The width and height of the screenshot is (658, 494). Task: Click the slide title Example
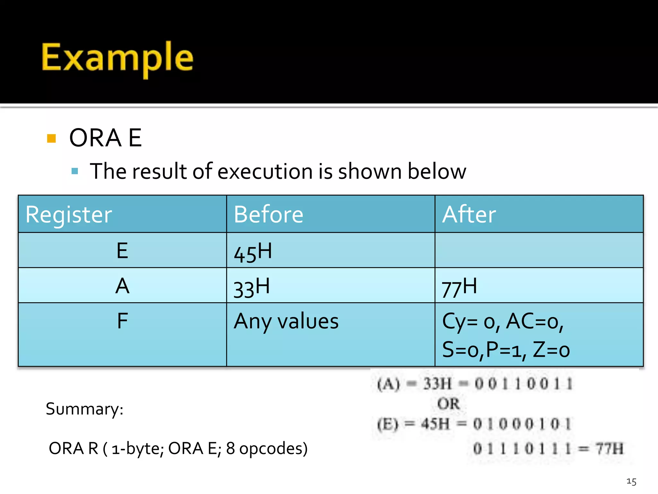(x=117, y=58)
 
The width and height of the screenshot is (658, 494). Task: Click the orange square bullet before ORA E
(x=51, y=138)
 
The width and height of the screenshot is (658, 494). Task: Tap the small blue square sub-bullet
(x=75, y=171)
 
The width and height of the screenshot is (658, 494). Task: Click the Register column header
(x=69, y=215)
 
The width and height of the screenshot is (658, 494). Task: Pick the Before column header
(x=268, y=215)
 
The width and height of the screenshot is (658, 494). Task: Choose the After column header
(x=469, y=215)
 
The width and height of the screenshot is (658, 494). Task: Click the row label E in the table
(x=122, y=251)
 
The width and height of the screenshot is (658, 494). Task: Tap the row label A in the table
(x=122, y=286)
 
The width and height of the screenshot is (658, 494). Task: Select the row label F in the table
(x=122, y=321)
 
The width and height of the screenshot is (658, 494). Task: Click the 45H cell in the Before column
(x=253, y=252)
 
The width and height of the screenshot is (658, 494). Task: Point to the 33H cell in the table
(x=251, y=287)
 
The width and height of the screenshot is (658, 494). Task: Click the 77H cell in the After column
(x=459, y=287)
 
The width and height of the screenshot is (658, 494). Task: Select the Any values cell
(x=286, y=321)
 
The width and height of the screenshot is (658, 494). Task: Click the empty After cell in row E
(x=539, y=250)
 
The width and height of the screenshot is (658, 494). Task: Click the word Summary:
(x=84, y=409)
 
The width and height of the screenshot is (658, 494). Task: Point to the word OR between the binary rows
(x=448, y=404)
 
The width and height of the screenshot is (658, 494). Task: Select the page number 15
(x=631, y=481)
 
